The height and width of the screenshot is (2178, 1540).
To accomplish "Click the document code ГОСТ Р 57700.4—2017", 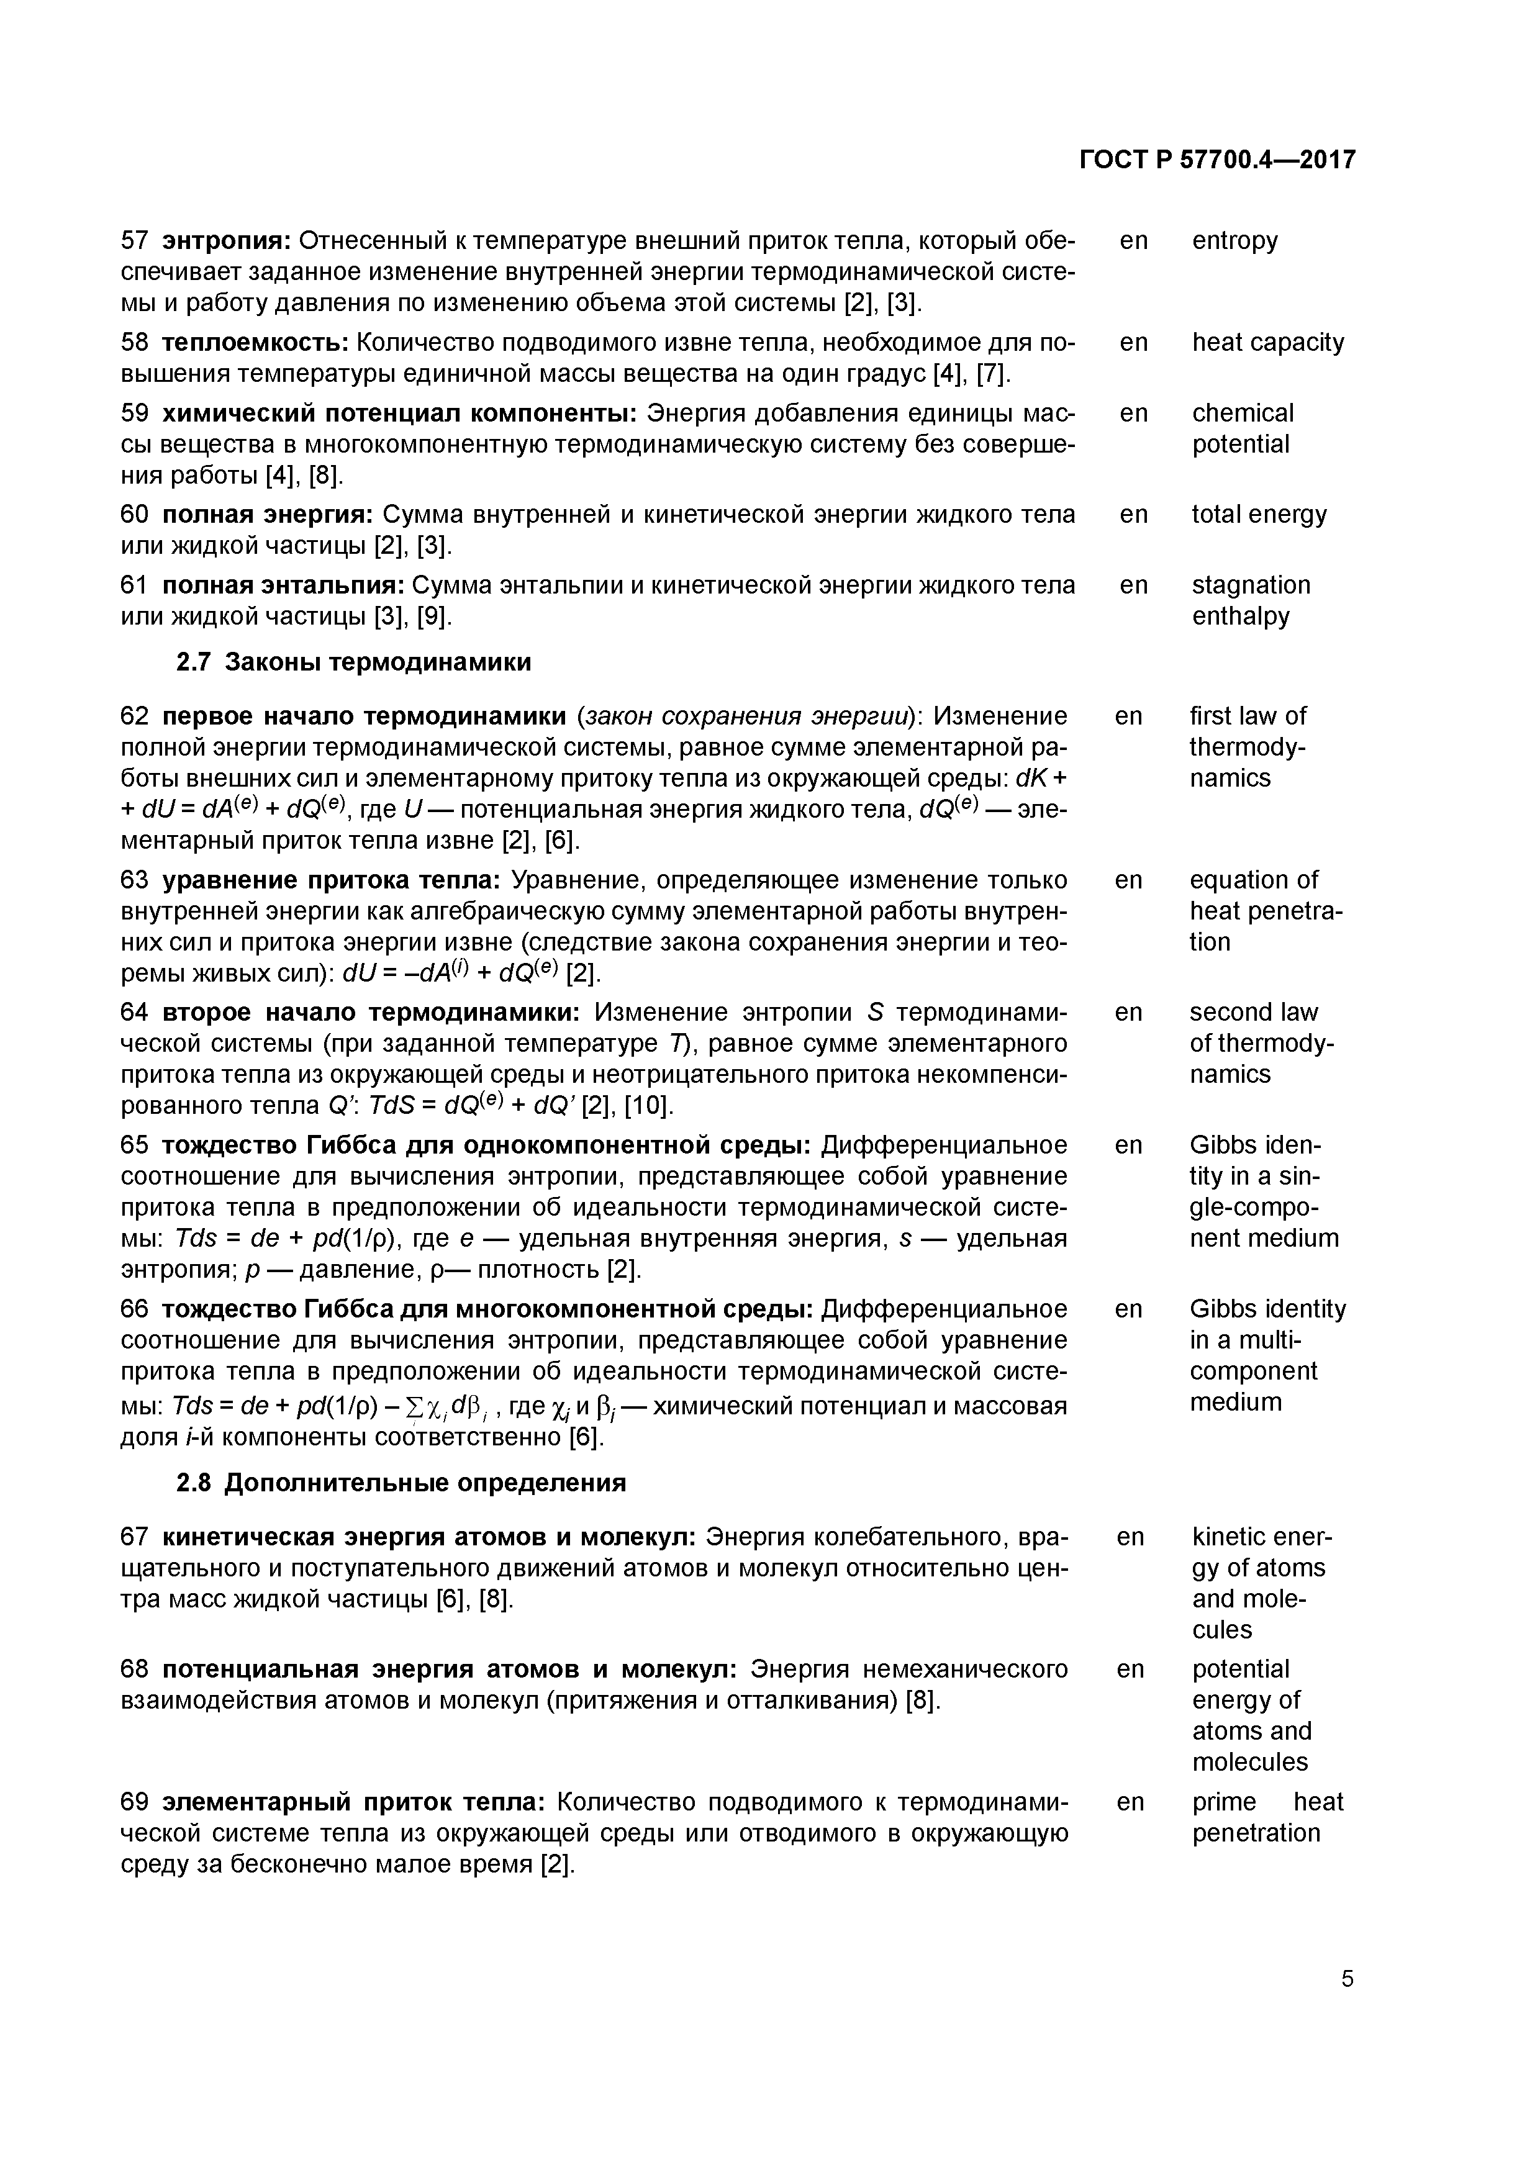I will pyautogui.click(x=1217, y=160).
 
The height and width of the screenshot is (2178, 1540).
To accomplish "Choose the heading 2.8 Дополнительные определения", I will pyautogui.click(x=401, y=1483).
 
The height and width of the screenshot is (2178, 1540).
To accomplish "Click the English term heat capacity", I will pyautogui.click(x=1267, y=343).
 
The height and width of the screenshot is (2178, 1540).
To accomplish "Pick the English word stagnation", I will pyautogui.click(x=1251, y=585).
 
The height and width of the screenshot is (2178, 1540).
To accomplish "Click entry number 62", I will pyautogui.click(x=135, y=716).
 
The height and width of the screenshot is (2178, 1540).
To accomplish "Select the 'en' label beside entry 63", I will pyautogui.click(x=1128, y=880).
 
